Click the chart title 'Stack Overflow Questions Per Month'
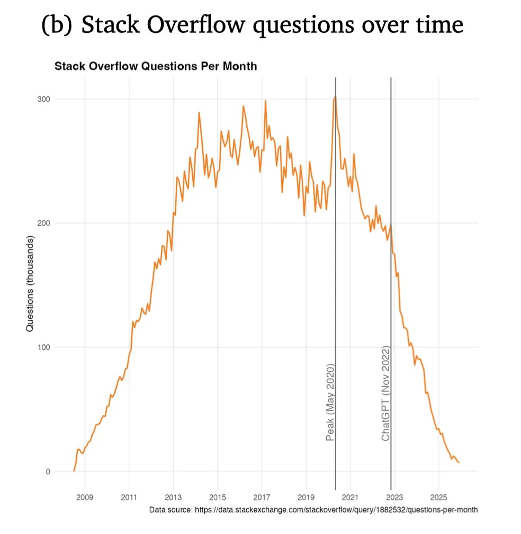pos(156,67)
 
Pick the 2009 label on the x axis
pos(85,497)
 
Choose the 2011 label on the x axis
pos(129,497)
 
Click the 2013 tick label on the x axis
pos(174,497)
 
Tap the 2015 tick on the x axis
pos(218,497)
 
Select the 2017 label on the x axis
pos(262,497)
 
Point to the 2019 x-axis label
pos(306,497)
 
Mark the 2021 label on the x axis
pos(351,497)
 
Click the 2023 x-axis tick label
pos(394,497)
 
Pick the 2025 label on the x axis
pos(438,497)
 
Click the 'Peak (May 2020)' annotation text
pos(330,403)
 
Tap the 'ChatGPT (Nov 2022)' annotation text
pos(386,394)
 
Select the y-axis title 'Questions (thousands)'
pos(30,284)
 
